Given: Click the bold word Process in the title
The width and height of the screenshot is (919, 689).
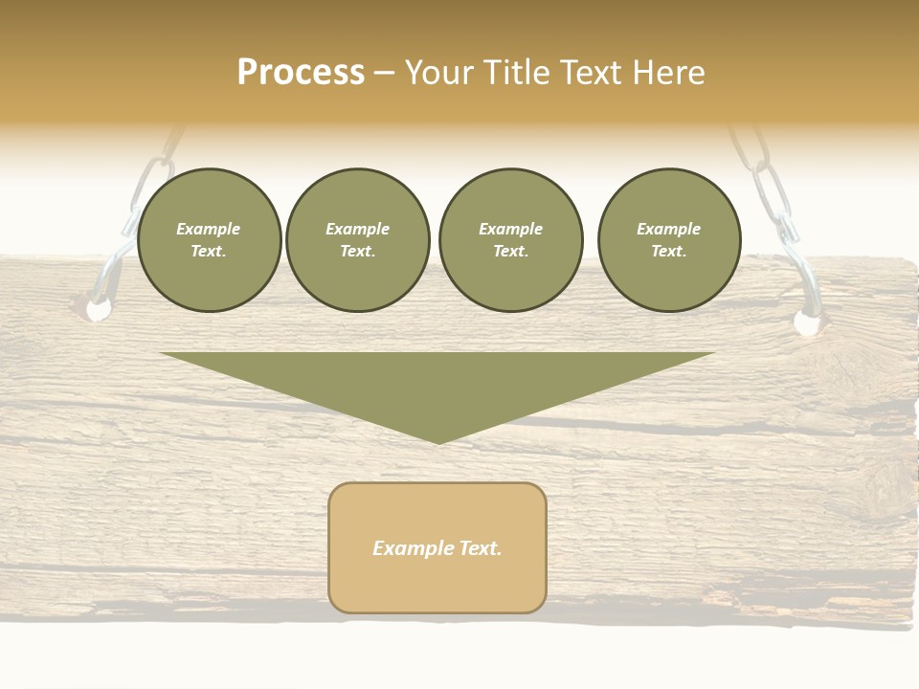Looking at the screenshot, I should click(x=301, y=73).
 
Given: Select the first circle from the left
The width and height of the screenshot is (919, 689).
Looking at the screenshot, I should click(x=210, y=239).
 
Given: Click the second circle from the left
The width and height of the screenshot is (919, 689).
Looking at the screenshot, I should click(x=358, y=239).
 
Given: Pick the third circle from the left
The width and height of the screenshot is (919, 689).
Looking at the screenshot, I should click(x=511, y=239).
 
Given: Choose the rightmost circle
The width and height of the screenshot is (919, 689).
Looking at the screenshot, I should click(x=669, y=239).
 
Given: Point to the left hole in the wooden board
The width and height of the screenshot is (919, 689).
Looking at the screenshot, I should click(x=98, y=310).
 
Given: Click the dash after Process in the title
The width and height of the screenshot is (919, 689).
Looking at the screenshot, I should click(x=384, y=74).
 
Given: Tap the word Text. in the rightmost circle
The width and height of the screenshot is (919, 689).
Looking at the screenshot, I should click(x=669, y=251).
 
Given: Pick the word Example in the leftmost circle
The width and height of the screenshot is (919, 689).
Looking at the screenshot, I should click(x=209, y=229).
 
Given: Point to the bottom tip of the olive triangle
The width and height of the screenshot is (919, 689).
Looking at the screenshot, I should click(x=437, y=442).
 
